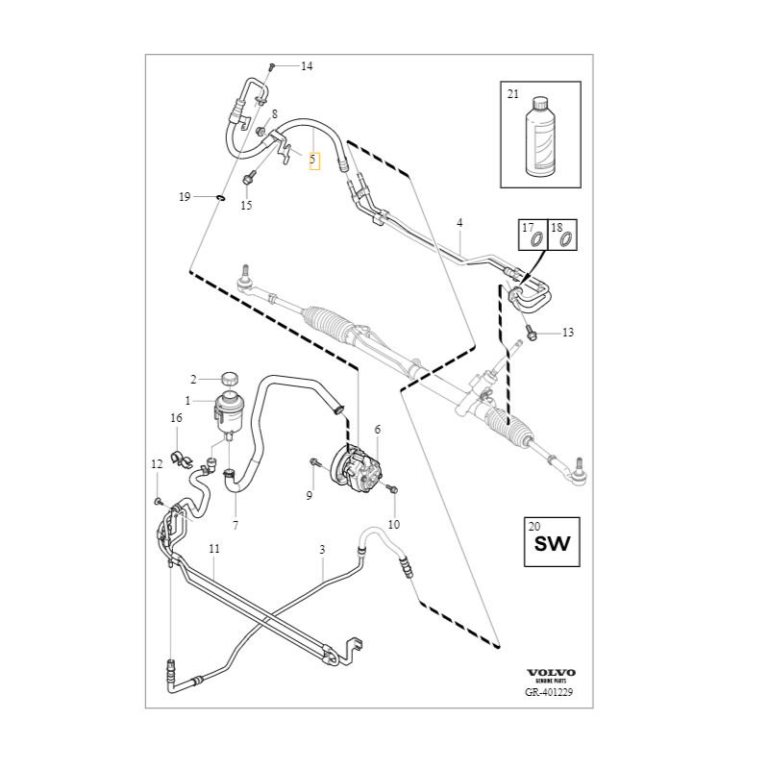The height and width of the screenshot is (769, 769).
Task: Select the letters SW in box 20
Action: [x=552, y=545]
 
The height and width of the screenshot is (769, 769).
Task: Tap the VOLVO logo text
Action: [x=551, y=672]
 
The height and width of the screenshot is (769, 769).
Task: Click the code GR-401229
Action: [x=549, y=692]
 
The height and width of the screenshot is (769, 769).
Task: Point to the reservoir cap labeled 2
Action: [x=229, y=376]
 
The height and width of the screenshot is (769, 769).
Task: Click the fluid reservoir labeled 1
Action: [x=229, y=409]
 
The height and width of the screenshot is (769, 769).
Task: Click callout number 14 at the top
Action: [x=307, y=66]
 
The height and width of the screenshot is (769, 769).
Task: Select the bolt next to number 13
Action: [x=531, y=332]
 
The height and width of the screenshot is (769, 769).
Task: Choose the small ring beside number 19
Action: [x=220, y=198]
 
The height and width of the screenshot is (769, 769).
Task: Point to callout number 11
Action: [x=214, y=549]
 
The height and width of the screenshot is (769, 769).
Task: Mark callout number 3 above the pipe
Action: [x=322, y=549]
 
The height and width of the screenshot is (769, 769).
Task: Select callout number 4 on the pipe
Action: [x=459, y=223]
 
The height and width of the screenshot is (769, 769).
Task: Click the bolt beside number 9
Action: [x=314, y=464]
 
